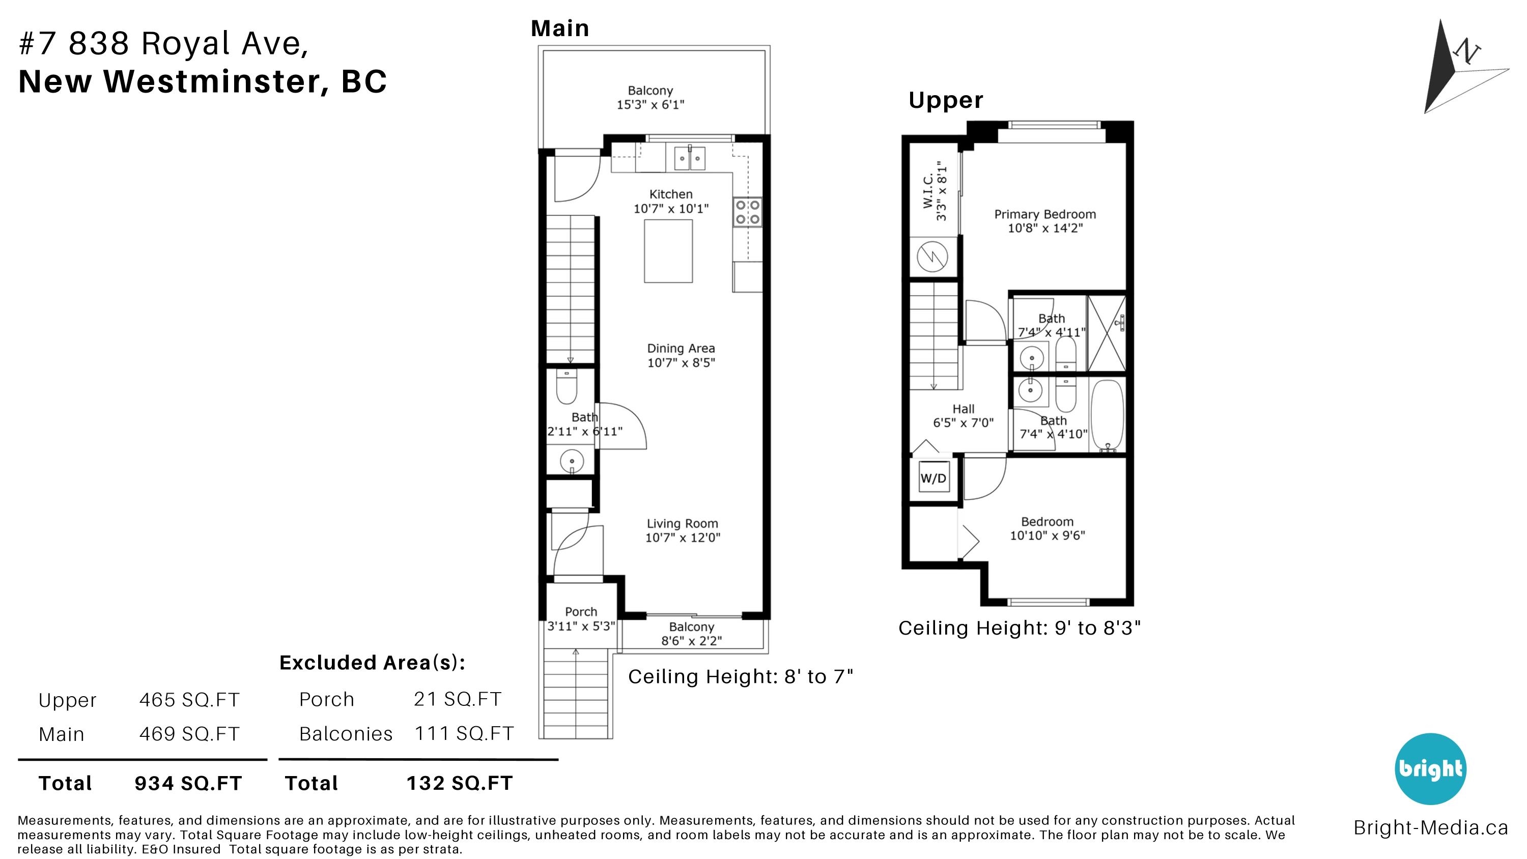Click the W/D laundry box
(934, 478)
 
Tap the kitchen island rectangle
(668, 251)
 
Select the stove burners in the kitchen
(748, 212)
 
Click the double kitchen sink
(689, 158)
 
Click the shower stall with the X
(1107, 334)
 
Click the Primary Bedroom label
(1045, 214)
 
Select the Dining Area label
(681, 349)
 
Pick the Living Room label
(682, 524)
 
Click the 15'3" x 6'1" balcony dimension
(651, 105)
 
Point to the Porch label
(581, 612)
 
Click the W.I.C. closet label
(928, 190)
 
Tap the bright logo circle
(1430, 768)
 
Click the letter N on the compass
(1466, 52)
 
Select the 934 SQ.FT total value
(188, 783)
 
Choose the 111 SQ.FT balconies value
(464, 733)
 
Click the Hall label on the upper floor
(963, 409)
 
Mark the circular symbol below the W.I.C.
(932, 256)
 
